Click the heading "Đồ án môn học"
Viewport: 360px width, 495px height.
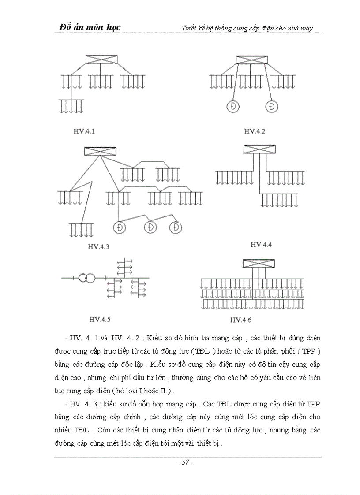[90, 27]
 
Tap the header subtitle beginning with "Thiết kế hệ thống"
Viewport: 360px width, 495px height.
[247, 28]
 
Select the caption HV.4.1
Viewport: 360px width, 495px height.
[84, 131]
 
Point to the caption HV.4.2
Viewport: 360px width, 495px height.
[255, 131]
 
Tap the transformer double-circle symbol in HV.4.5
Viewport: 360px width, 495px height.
[86, 278]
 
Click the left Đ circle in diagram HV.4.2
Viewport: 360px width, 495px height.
[232, 106]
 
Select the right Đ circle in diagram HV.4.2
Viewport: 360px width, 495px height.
[272, 106]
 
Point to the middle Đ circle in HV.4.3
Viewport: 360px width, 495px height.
[151, 227]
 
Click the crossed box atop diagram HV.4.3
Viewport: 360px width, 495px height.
[100, 151]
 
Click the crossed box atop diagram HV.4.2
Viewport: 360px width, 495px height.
[251, 60]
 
